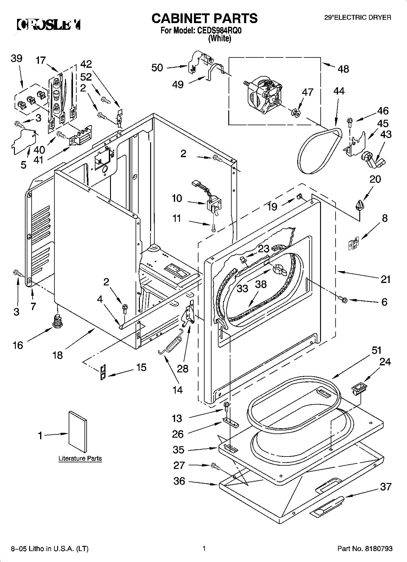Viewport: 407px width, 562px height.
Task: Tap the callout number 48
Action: (x=343, y=69)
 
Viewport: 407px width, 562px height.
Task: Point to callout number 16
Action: (x=18, y=345)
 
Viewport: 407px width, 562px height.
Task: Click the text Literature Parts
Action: (x=80, y=458)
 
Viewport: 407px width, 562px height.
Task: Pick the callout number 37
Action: (x=386, y=487)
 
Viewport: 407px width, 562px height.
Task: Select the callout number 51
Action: (x=377, y=350)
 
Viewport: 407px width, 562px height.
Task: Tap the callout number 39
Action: (x=16, y=58)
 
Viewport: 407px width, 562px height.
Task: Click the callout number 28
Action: (x=183, y=369)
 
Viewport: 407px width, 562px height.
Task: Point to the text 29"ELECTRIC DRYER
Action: (x=358, y=18)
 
